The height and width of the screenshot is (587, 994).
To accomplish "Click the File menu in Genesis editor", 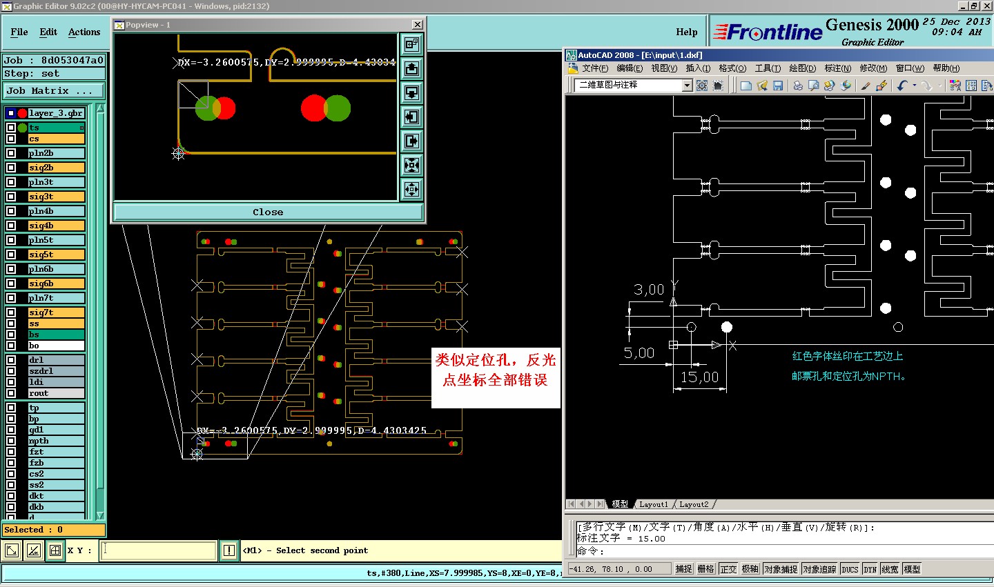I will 19,32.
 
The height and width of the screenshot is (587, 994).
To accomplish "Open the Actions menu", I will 84,32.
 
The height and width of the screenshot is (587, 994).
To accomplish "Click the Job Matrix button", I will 54,90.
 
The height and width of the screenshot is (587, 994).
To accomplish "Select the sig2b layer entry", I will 56,168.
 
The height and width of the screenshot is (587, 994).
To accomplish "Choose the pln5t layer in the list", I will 56,240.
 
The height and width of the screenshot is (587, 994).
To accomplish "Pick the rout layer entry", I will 56,393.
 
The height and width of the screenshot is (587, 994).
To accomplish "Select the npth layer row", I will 56,441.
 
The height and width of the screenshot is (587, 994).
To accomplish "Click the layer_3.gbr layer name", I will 55,113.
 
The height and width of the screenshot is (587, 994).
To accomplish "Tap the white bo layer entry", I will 56,346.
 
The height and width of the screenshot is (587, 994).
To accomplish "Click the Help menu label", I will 686,32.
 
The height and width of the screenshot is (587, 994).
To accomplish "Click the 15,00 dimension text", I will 699,377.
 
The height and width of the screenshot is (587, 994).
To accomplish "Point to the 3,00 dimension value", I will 649,290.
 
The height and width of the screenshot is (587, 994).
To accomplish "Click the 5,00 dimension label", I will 639,353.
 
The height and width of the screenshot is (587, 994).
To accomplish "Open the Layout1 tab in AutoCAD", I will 653,504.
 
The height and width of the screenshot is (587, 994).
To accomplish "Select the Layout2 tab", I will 694,504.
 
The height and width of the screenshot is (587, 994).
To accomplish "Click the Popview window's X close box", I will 417,25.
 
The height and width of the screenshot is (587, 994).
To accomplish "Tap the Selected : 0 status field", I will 54,530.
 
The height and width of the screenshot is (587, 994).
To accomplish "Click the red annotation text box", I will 495,370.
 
